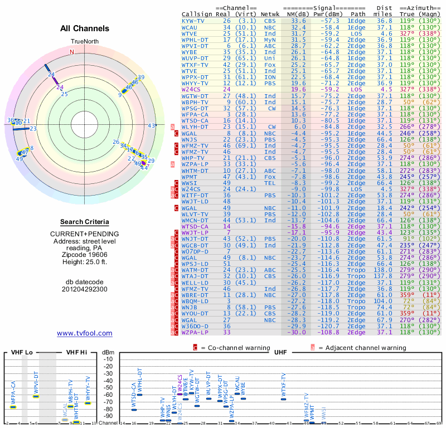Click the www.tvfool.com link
84,333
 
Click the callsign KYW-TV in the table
193,20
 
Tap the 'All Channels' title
84,28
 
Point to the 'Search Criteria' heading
84,221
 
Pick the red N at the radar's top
71,52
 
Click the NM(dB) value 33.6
298,20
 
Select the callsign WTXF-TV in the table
195,65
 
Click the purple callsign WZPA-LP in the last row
195,332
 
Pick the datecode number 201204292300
84,290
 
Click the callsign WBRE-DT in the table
195,294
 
